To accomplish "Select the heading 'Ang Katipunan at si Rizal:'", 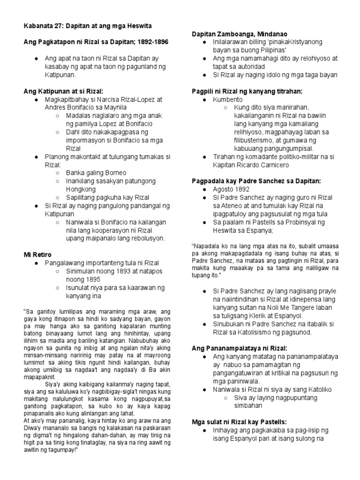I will click(63, 91).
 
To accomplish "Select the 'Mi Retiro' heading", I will click(37, 255).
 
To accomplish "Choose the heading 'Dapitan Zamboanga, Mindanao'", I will click(240, 34).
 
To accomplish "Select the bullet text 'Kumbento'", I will click(228, 100).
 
